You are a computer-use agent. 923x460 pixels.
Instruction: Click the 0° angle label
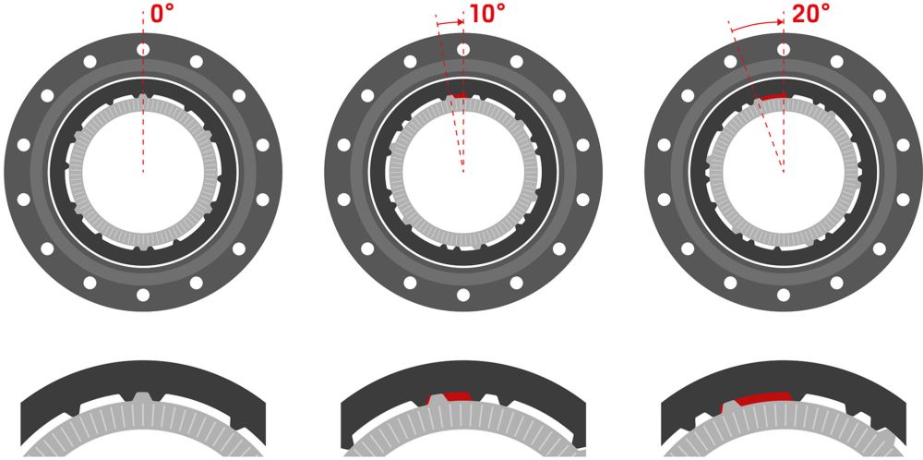[x=162, y=14]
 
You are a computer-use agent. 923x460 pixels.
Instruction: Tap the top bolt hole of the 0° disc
[x=143, y=49]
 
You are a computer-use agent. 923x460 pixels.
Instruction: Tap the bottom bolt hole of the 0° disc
[x=143, y=295]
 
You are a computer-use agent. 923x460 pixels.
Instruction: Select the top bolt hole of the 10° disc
[x=463, y=49]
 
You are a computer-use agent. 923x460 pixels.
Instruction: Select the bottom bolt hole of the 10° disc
[x=463, y=295]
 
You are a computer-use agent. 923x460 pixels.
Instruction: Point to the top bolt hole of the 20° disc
[x=784, y=49]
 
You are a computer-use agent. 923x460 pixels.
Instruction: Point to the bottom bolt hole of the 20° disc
[x=784, y=295]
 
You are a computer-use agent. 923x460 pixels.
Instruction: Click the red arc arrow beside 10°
[x=450, y=21]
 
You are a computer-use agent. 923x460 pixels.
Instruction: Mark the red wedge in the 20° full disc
[x=773, y=96]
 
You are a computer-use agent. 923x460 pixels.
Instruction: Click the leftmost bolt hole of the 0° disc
[x=23, y=145]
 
